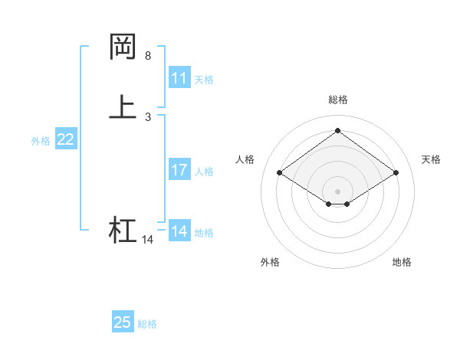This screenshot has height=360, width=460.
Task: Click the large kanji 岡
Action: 123,47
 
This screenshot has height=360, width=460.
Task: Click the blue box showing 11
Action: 179,78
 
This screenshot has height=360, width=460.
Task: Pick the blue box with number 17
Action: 179,170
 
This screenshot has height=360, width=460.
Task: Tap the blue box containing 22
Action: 66,139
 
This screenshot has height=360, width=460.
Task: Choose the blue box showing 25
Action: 122,322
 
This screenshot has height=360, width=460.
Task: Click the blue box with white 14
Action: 179,231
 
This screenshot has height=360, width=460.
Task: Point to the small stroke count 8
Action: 148,56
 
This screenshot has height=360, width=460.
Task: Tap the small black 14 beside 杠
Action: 147,240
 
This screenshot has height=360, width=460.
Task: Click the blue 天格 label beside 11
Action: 204,79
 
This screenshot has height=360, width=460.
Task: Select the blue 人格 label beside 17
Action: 204,172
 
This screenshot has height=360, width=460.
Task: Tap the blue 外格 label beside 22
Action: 41,141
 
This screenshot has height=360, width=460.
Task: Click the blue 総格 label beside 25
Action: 147,324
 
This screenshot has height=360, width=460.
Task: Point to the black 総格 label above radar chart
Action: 337,100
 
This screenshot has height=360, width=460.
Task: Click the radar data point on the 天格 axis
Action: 396,173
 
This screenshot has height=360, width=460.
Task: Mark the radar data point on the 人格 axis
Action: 280,173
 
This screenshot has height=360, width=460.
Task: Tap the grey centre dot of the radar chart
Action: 337,191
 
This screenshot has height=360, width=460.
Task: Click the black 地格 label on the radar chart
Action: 402,262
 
